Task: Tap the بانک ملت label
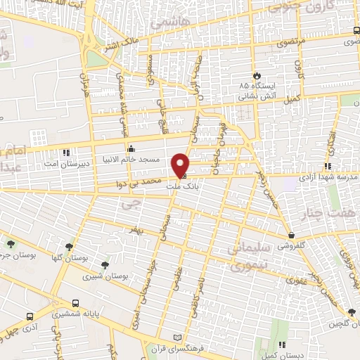178,186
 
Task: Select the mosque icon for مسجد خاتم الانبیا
131,149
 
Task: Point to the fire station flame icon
256,76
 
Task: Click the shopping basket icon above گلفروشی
291,235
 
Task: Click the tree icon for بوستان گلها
69,247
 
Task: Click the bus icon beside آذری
30,316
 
